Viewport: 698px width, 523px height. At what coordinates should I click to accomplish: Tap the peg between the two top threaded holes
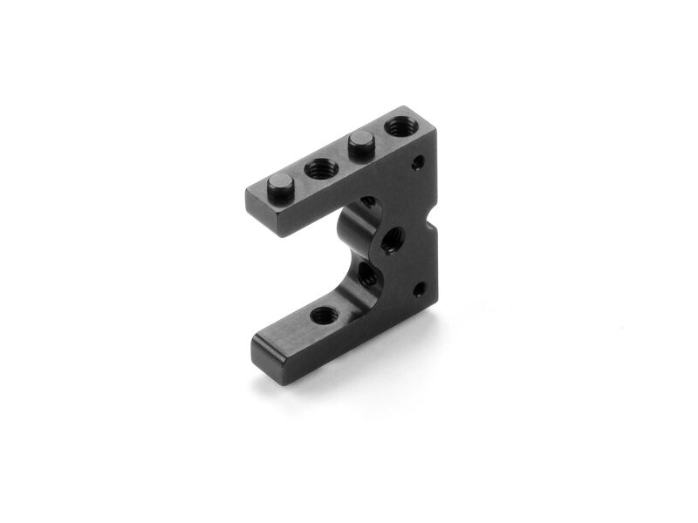[x=359, y=141]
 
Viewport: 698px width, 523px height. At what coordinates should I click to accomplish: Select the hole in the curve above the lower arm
[x=367, y=277]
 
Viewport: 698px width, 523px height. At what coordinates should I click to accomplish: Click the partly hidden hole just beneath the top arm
[x=367, y=202]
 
